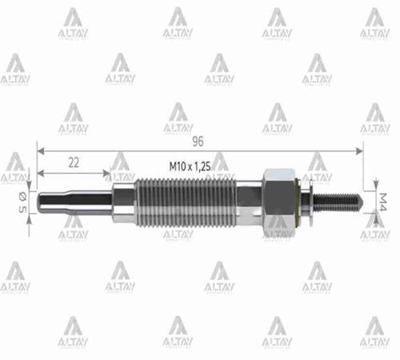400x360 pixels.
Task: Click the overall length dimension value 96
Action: pyautogui.click(x=198, y=140)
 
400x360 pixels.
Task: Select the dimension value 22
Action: pyautogui.click(x=73, y=162)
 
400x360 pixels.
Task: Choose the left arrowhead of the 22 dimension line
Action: pyautogui.click(x=41, y=173)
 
